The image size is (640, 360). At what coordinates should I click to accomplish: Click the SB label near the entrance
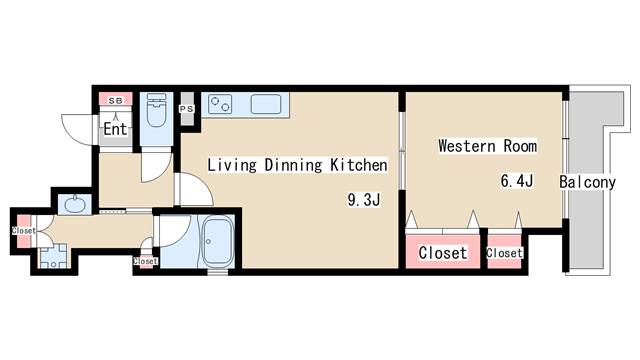[116, 101]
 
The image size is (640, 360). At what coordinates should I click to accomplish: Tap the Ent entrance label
[115, 129]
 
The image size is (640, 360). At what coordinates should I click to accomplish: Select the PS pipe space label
[187, 109]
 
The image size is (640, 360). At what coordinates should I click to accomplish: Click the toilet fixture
[156, 110]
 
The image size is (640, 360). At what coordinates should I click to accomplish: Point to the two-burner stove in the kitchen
[220, 104]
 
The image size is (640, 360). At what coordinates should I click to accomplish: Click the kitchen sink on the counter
[266, 104]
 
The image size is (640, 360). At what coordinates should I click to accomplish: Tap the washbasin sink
[74, 204]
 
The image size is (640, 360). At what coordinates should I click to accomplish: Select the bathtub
[218, 242]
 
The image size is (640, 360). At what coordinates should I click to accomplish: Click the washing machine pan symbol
[53, 256]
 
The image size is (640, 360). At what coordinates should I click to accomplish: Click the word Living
[232, 165]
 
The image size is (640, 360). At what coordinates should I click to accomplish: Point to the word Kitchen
[359, 165]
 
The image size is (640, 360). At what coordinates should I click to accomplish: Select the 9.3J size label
[364, 200]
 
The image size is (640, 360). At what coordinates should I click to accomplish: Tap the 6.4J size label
[517, 180]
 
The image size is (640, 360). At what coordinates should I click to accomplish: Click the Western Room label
[487, 146]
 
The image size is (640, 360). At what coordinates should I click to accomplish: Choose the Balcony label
[587, 182]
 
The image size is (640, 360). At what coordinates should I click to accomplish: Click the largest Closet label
[443, 253]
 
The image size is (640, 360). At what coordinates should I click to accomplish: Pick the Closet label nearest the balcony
[504, 253]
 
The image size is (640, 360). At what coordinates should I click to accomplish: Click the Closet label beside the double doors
[24, 231]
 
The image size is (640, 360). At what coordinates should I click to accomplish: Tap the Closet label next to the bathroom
[145, 261]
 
